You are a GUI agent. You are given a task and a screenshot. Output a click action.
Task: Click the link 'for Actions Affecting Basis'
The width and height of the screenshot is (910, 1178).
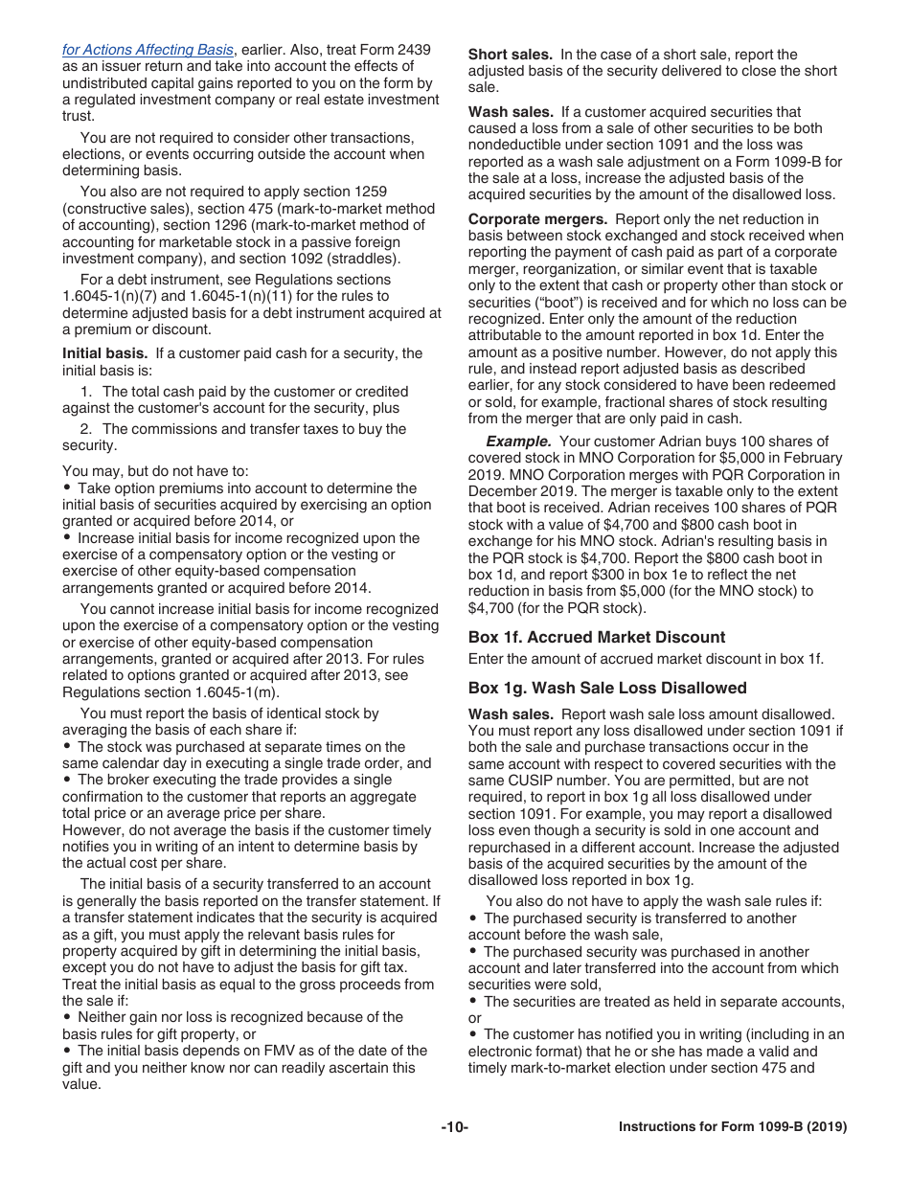[x=148, y=49]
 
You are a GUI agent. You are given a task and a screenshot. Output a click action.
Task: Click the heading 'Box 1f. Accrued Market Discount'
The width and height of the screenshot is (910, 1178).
[x=596, y=637]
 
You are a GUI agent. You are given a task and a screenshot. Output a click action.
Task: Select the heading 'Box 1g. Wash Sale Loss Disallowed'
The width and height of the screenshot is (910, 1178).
[x=607, y=688]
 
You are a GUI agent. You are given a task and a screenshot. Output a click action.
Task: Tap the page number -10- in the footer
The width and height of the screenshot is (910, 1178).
[x=455, y=1127]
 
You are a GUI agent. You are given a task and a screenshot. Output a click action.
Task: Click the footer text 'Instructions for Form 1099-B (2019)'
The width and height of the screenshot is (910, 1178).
[x=733, y=1127]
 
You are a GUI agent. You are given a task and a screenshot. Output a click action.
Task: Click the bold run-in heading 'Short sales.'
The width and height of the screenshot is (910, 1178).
[x=510, y=55]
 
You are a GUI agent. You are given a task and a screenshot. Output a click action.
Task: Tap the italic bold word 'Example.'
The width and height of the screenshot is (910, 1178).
[x=518, y=442]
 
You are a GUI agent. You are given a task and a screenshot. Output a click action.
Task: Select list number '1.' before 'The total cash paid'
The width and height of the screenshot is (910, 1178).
[x=87, y=392]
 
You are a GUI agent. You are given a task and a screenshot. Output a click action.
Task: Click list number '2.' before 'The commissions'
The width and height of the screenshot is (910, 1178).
[x=87, y=429]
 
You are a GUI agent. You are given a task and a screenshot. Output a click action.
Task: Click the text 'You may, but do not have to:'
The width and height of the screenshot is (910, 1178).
[x=155, y=470]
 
